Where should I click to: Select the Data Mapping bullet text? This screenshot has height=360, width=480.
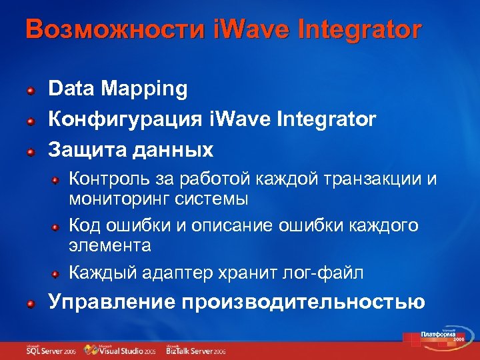118,88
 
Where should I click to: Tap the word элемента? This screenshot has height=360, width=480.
109,245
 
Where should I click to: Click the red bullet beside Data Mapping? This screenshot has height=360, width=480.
31,89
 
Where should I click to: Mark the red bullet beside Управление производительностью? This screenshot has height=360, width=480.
31,303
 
